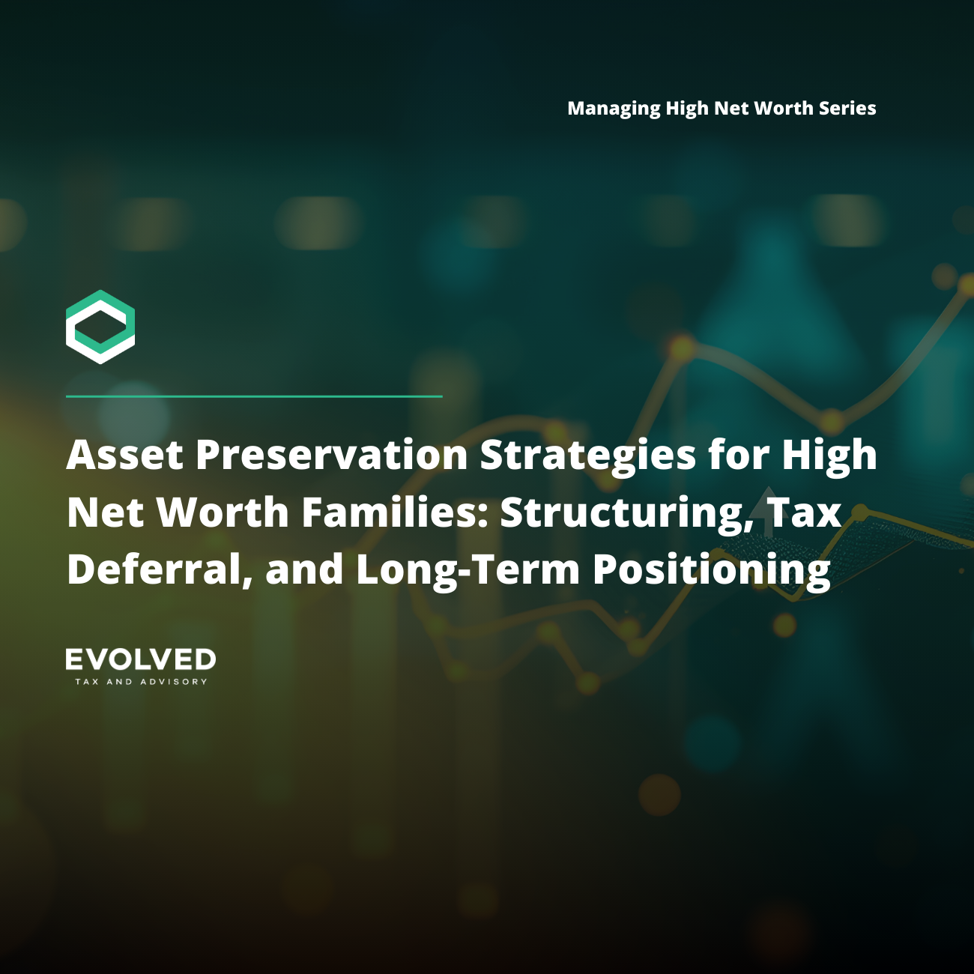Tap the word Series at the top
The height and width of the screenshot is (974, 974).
pyautogui.click(x=847, y=108)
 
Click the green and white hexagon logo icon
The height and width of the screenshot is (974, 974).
pyautogui.click(x=100, y=327)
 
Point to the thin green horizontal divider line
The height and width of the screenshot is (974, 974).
pyautogui.click(x=254, y=396)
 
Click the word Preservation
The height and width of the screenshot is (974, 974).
pyautogui.click(x=332, y=455)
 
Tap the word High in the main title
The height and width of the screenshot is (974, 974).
pyautogui.click(x=829, y=455)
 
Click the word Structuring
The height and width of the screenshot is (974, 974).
pyautogui.click(x=626, y=512)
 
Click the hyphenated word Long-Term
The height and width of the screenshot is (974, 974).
pyautogui.click(x=468, y=569)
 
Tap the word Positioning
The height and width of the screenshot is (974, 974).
pyautogui.click(x=712, y=569)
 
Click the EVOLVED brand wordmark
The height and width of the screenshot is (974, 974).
pyautogui.click(x=141, y=660)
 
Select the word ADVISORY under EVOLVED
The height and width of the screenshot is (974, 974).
pyautogui.click(x=174, y=682)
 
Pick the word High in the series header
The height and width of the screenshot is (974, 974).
pyautogui.click(x=687, y=109)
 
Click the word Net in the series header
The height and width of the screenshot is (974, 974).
pyautogui.click(x=731, y=109)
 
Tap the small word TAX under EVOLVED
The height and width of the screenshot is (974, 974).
pyautogui.click(x=87, y=682)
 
